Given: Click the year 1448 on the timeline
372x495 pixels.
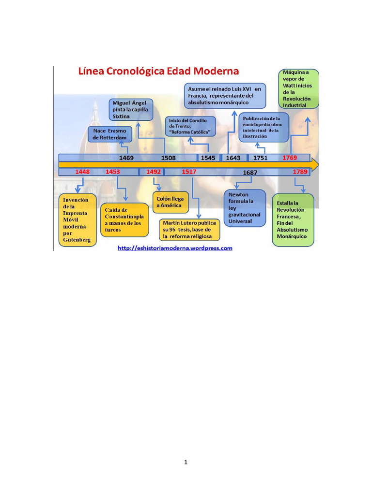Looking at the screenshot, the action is point(82,172).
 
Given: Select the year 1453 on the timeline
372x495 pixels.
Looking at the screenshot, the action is point(112,172).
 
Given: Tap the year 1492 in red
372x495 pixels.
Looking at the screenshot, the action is point(154,172).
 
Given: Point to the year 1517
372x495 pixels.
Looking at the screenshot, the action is point(189,172).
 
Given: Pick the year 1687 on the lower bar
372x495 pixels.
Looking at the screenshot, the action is point(250,173).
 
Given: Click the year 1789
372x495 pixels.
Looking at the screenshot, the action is point(300,172).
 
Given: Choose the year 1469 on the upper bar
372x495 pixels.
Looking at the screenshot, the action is point(126,158).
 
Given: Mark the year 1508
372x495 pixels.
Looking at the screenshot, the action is point(168,158).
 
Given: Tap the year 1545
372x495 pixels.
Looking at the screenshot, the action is point(208,158).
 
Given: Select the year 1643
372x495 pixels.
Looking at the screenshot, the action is point(233,158).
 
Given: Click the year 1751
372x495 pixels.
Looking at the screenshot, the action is point(260,158).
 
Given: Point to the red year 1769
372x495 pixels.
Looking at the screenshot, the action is point(290,158).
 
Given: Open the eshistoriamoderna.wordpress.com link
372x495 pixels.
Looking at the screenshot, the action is point(175,248).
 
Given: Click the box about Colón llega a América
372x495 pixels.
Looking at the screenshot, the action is point(170,202).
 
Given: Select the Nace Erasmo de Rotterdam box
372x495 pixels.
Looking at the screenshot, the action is point(110,134).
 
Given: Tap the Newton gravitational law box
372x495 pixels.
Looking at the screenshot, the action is point(245,208).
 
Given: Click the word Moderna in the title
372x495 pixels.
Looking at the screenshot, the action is point(216,71).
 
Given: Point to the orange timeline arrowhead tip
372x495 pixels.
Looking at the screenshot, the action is point(318,165).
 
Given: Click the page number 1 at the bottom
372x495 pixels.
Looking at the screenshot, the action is point(186,462).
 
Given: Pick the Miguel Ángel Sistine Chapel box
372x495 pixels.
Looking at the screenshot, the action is point(131,110).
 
